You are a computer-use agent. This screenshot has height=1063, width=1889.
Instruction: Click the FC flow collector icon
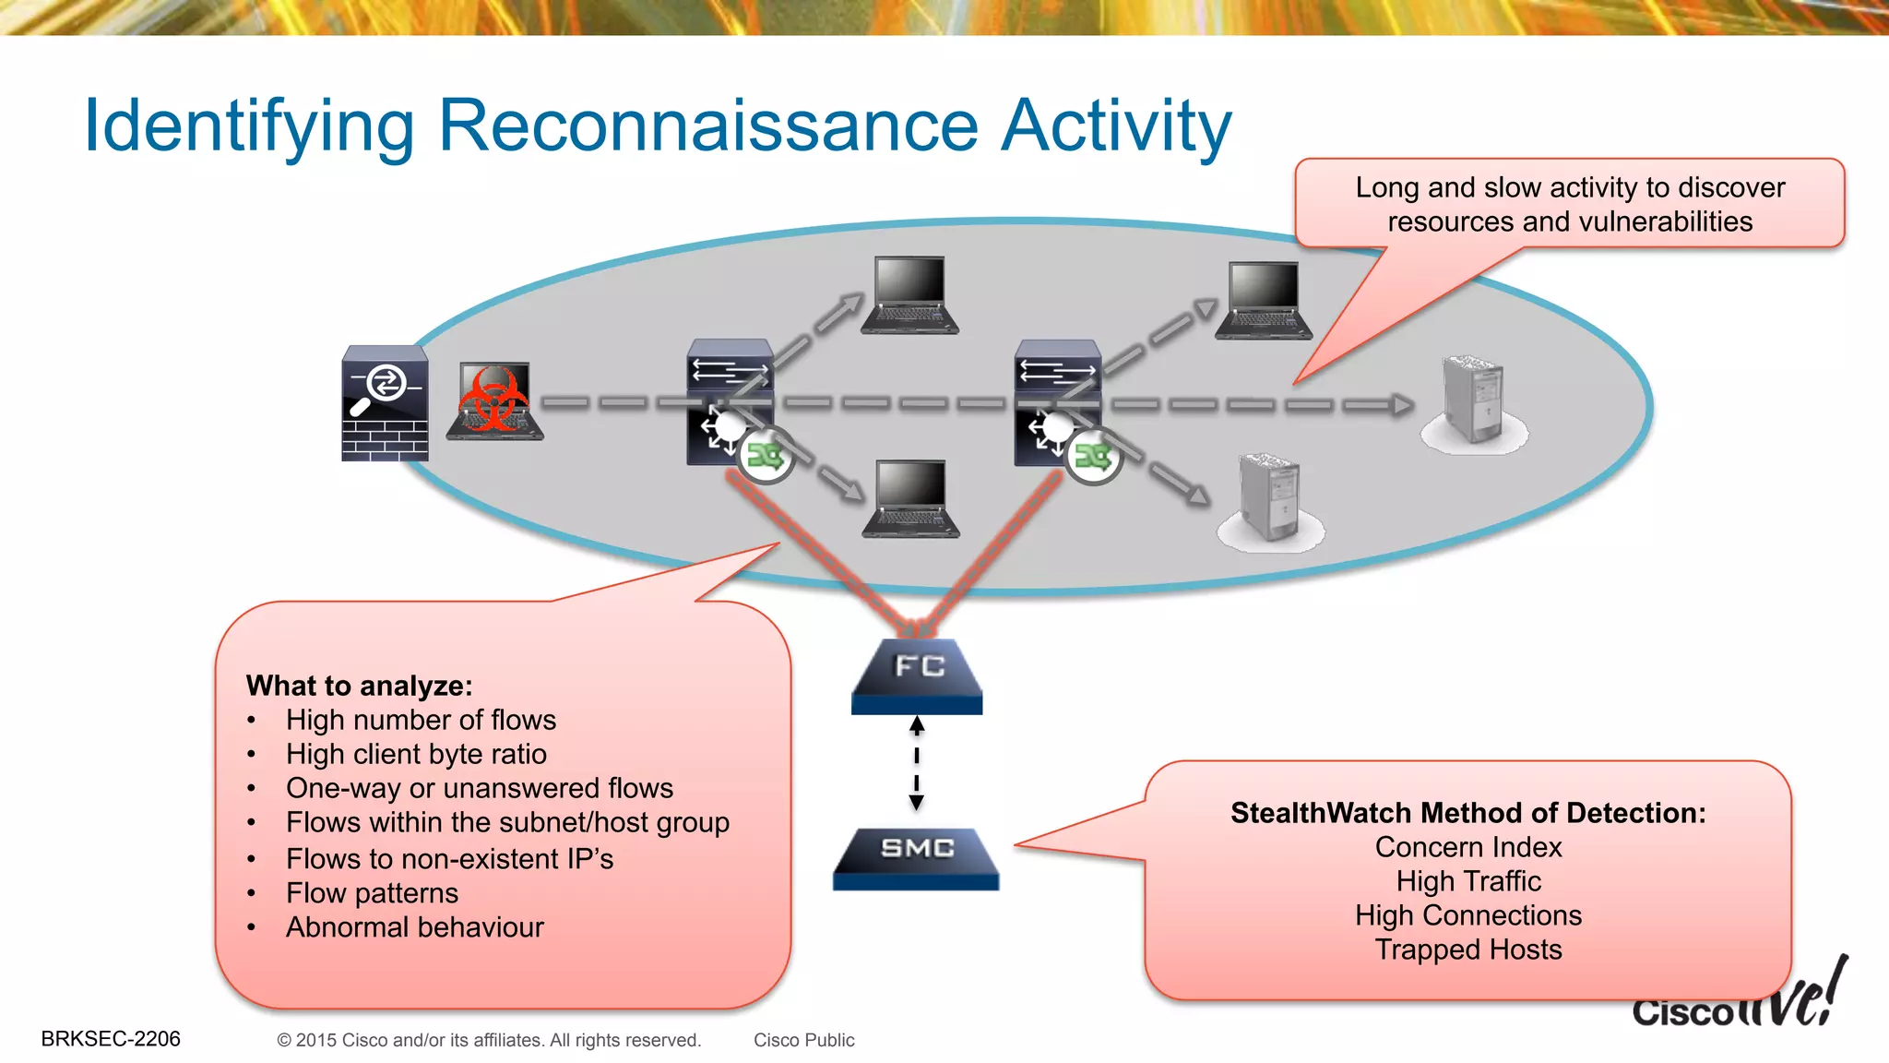click(917, 675)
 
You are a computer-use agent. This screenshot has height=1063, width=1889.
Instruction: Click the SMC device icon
click(916, 857)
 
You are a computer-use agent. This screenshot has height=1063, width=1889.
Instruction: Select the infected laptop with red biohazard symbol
click(495, 402)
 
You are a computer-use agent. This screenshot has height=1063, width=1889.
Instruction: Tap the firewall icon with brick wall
click(385, 403)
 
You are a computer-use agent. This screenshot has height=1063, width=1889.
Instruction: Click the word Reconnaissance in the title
click(707, 125)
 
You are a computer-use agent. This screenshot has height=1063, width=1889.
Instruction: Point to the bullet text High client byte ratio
click(416, 754)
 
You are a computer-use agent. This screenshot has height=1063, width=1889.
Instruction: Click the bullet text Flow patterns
click(372, 893)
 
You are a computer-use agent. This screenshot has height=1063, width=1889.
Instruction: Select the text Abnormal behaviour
click(415, 927)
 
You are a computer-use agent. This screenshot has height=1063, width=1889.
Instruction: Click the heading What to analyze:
click(359, 686)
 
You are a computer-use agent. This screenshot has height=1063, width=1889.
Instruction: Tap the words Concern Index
click(1467, 847)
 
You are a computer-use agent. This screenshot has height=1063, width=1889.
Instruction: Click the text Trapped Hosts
click(1467, 950)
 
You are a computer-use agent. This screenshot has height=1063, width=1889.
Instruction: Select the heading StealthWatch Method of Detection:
click(1467, 813)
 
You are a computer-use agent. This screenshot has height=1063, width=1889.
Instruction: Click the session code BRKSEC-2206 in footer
click(111, 1039)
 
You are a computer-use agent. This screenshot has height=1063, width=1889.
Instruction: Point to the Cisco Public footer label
click(803, 1040)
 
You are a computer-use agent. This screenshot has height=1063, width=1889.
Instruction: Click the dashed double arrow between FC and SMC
click(916, 764)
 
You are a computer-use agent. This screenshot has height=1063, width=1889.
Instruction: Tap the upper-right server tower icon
click(1473, 401)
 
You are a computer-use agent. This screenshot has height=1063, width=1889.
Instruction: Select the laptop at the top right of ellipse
click(1263, 301)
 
